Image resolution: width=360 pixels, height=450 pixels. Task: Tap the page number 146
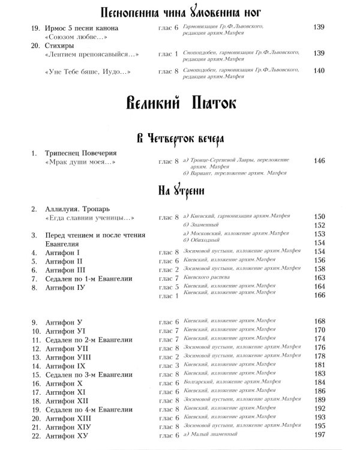[x=319, y=161]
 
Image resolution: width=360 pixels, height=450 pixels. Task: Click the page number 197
[x=319, y=434]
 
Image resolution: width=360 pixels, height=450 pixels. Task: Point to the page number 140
[x=319, y=70]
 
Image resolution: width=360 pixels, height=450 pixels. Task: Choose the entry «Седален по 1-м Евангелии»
[x=88, y=279]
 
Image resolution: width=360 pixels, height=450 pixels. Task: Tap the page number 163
[x=319, y=278]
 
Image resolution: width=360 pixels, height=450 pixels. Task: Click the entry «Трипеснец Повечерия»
[x=81, y=153]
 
